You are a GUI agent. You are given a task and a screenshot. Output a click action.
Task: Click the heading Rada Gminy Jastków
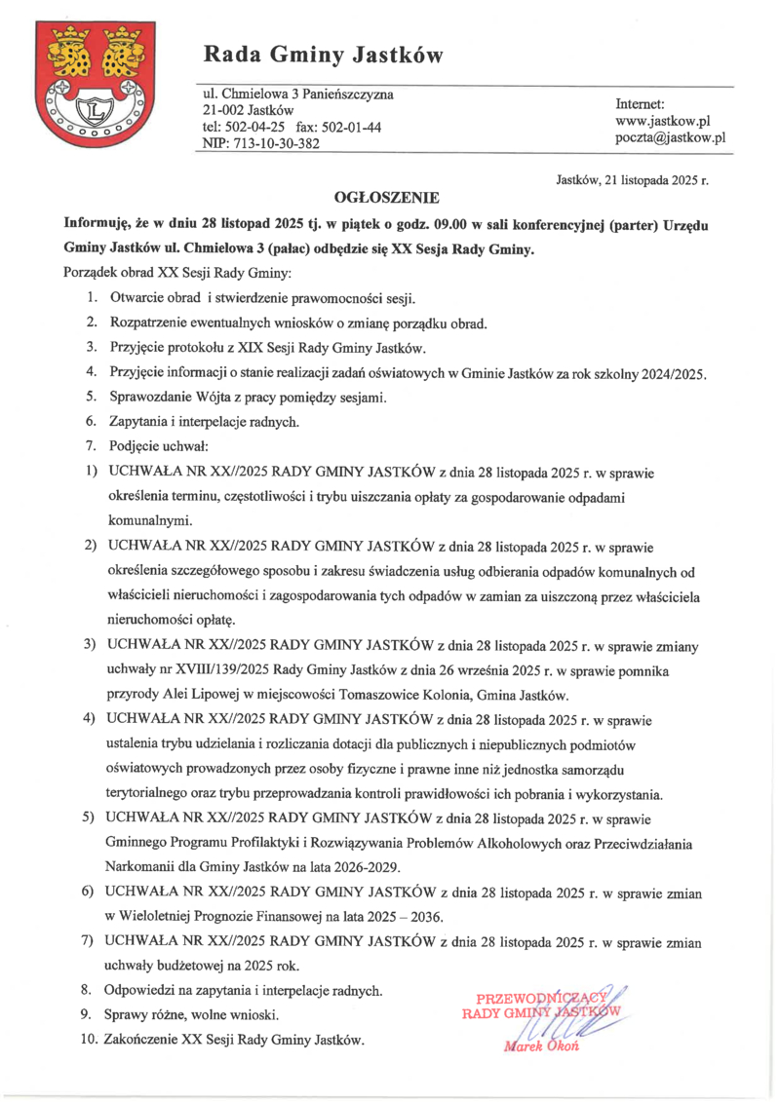[323, 56]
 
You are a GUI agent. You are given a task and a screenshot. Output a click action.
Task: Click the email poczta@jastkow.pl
[670, 138]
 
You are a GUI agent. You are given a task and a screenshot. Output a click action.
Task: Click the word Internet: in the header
[640, 102]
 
